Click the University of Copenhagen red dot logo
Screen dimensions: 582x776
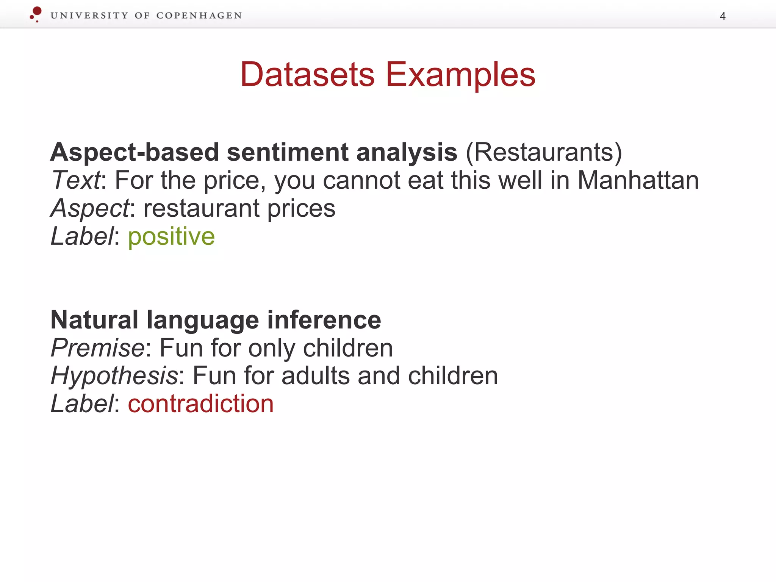(x=36, y=14)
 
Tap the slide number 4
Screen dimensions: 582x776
(x=723, y=16)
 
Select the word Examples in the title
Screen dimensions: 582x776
(x=460, y=75)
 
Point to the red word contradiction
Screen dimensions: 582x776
(x=200, y=404)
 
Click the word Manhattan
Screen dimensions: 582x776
(x=638, y=180)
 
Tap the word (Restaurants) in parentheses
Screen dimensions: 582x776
(x=544, y=152)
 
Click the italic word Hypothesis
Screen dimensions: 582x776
(x=114, y=376)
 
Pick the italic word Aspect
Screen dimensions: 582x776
(x=90, y=208)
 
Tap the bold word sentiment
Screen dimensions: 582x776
(x=287, y=152)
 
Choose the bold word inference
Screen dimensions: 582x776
(x=324, y=320)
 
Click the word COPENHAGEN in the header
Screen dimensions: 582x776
(x=199, y=16)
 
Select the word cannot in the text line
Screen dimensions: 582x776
(x=361, y=180)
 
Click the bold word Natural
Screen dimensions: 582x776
(x=94, y=320)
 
